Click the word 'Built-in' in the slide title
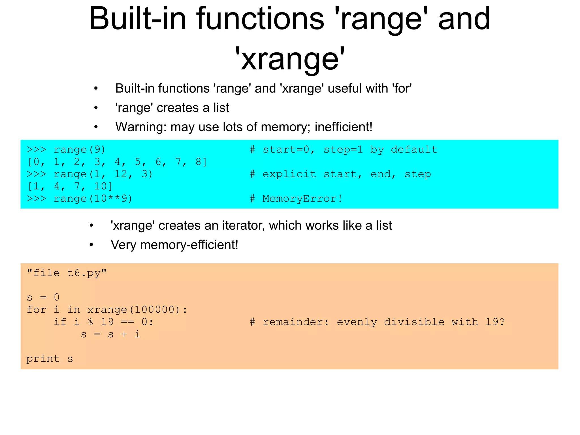pyautogui.click(x=138, y=19)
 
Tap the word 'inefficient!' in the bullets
pyautogui.click(x=343, y=127)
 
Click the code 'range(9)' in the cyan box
pyautogui.click(x=80, y=150)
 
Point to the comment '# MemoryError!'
pyautogui.click(x=296, y=199)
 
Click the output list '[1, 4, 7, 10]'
pyautogui.click(x=70, y=186)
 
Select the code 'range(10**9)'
pyautogui.click(x=93, y=199)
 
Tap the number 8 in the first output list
pyautogui.click(x=199, y=162)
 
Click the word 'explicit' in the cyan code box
pyautogui.click(x=289, y=174)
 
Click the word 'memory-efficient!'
pyautogui.click(x=189, y=245)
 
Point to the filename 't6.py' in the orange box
pyautogui.click(x=84, y=273)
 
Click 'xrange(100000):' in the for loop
pyautogui.click(x=137, y=310)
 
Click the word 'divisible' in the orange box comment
pyautogui.click(x=414, y=322)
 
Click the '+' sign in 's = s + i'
pyautogui.click(x=124, y=334)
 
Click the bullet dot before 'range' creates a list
pyautogui.click(x=96, y=108)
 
